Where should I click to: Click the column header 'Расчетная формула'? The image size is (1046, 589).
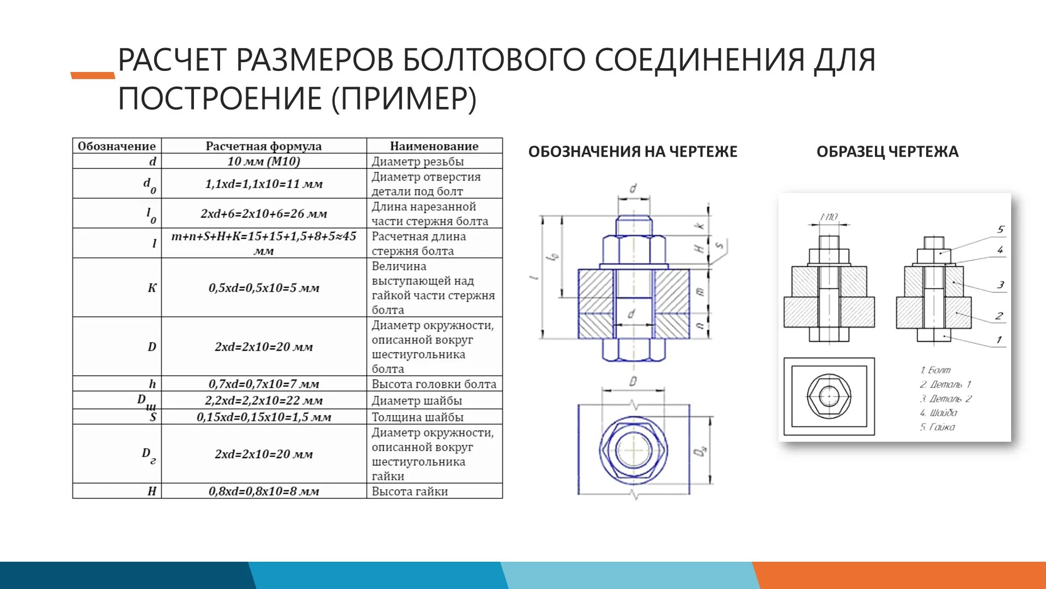(x=264, y=146)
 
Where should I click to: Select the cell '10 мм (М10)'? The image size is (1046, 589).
(x=264, y=161)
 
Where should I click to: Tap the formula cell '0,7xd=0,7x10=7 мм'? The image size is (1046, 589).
(x=264, y=384)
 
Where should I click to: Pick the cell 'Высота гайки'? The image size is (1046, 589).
(x=410, y=491)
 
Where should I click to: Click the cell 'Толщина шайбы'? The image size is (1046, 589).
(x=417, y=417)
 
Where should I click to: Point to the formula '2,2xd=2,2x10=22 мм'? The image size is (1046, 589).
(x=264, y=401)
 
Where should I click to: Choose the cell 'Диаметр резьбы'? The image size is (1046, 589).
(x=417, y=161)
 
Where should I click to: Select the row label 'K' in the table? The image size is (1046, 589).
(x=152, y=288)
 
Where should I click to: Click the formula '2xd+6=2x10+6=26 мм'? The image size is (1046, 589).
(x=264, y=214)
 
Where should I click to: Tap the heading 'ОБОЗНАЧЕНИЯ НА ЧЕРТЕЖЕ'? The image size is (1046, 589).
(x=633, y=152)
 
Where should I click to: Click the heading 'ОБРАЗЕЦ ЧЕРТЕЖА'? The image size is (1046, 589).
(x=887, y=152)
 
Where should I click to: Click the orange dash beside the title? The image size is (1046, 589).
(x=93, y=75)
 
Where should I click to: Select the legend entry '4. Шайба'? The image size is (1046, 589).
(x=938, y=413)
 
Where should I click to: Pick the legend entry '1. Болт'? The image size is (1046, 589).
(x=935, y=370)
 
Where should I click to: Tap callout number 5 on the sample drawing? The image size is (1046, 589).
(x=1000, y=230)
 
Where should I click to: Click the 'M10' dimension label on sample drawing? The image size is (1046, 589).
(x=829, y=217)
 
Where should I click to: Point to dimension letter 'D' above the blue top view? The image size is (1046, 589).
(x=633, y=381)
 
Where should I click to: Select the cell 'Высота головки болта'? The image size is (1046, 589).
(x=434, y=384)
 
